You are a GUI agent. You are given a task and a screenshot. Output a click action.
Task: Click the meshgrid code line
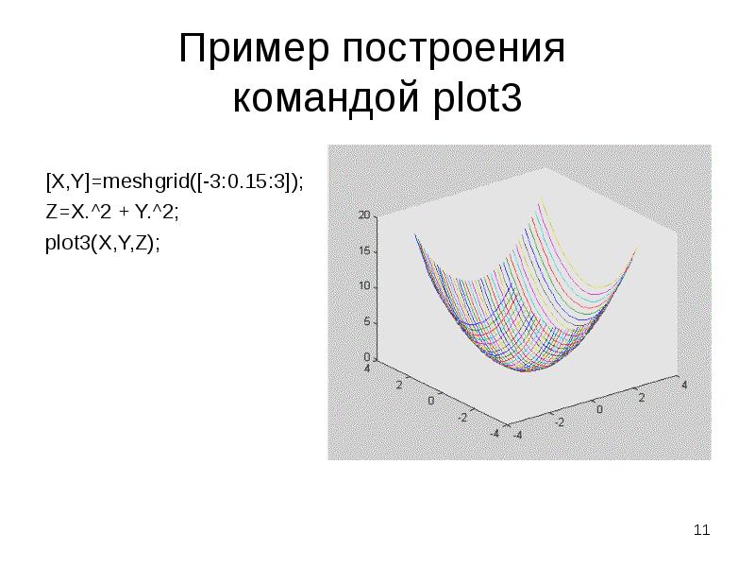pos(175,180)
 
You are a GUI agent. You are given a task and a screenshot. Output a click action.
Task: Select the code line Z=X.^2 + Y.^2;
pos(112,212)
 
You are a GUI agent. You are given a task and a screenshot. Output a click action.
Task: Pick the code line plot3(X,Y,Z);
pos(103,243)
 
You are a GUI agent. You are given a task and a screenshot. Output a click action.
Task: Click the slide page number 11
pos(701,530)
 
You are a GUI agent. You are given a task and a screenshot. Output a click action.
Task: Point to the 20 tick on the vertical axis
pos(364,216)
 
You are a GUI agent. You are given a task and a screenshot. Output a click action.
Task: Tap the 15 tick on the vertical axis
pos(364,251)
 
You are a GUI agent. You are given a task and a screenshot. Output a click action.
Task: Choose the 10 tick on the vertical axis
pos(364,287)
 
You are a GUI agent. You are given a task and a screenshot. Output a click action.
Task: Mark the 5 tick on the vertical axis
pos(367,322)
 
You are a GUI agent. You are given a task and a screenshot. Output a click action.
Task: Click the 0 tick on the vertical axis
pos(367,357)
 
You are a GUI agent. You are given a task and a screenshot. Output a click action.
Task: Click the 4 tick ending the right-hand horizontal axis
pos(682,385)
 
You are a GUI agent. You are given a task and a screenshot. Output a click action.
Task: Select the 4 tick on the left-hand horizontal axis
pos(367,369)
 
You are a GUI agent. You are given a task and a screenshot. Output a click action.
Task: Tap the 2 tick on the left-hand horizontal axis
pos(399,385)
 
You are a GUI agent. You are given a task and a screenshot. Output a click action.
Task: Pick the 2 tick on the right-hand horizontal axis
pos(643,398)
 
